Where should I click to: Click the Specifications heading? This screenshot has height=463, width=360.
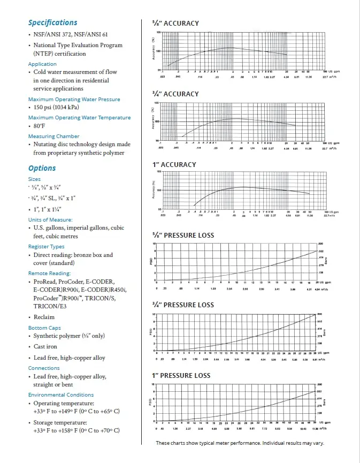52,22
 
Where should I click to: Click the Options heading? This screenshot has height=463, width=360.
42,168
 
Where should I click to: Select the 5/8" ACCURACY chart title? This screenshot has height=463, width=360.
176,24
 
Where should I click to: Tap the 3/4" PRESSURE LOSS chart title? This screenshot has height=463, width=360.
183,305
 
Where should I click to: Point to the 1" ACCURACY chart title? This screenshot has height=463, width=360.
174,164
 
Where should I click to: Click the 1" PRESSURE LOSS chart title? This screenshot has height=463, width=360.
182,376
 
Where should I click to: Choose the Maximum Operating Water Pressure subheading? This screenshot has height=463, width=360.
74,99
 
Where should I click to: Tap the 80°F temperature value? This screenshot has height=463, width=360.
40,126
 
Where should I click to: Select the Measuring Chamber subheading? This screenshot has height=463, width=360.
53,136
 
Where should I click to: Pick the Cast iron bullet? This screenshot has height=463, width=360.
47,347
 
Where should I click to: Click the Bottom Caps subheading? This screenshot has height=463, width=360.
45,328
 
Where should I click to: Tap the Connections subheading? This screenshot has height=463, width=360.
44,368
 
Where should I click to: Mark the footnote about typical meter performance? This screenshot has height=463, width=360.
240,443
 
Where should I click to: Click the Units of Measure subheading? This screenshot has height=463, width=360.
50,219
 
